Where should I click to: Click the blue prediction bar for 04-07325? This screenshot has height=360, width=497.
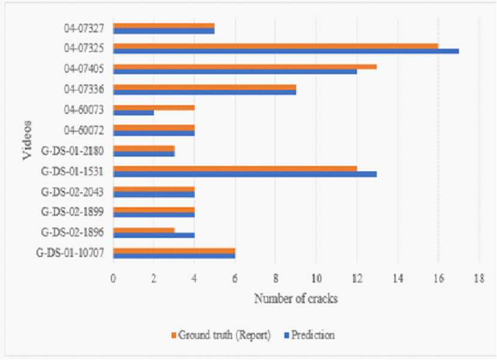[286, 52]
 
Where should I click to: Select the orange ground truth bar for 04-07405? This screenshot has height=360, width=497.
[245, 67]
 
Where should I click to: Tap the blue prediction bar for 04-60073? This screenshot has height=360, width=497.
[134, 113]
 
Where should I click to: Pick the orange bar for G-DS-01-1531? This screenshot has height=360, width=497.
[235, 169]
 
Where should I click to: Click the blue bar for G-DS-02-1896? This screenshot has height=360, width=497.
[153, 235]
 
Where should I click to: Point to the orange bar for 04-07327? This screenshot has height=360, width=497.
[164, 26]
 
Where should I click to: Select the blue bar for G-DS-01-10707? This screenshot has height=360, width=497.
[174, 256]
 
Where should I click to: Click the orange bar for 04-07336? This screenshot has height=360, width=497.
[205, 87]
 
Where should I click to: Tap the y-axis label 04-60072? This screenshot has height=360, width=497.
[84, 130]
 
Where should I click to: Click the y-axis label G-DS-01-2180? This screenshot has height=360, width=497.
[73, 151]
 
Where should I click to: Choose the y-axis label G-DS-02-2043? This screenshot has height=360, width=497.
[73, 192]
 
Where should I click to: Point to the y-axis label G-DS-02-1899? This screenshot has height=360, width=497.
[73, 212]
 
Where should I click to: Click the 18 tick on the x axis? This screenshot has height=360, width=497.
[479, 279]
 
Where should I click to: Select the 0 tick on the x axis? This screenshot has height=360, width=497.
[113, 279]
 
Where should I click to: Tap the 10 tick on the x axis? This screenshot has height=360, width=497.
[317, 279]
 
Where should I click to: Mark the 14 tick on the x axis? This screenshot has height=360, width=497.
[398, 279]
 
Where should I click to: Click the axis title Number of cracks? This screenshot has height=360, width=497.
[296, 298]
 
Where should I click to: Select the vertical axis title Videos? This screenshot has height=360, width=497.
[27, 140]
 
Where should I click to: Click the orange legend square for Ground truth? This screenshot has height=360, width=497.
[173, 335]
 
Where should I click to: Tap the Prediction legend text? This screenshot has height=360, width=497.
[313, 335]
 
